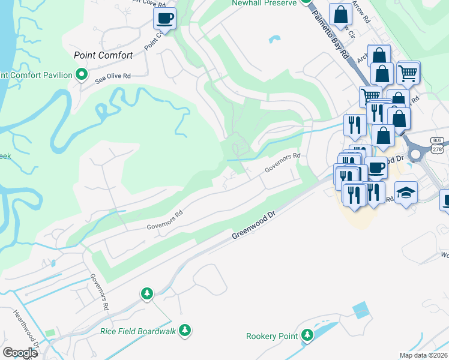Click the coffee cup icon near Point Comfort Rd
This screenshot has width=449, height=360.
(164, 18)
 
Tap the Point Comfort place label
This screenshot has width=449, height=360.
(103, 55)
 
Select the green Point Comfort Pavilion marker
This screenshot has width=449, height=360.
(83, 75)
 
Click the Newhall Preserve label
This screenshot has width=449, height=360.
(265, 4)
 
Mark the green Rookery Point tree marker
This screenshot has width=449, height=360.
(307, 335)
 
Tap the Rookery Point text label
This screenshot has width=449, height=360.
(272, 336)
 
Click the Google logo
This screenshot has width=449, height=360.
(20, 353)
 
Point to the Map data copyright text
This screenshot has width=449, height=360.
(423, 355)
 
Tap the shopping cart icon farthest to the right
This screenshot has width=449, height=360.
(408, 73)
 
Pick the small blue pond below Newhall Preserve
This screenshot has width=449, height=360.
(275, 40)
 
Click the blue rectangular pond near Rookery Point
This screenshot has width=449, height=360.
(361, 310)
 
